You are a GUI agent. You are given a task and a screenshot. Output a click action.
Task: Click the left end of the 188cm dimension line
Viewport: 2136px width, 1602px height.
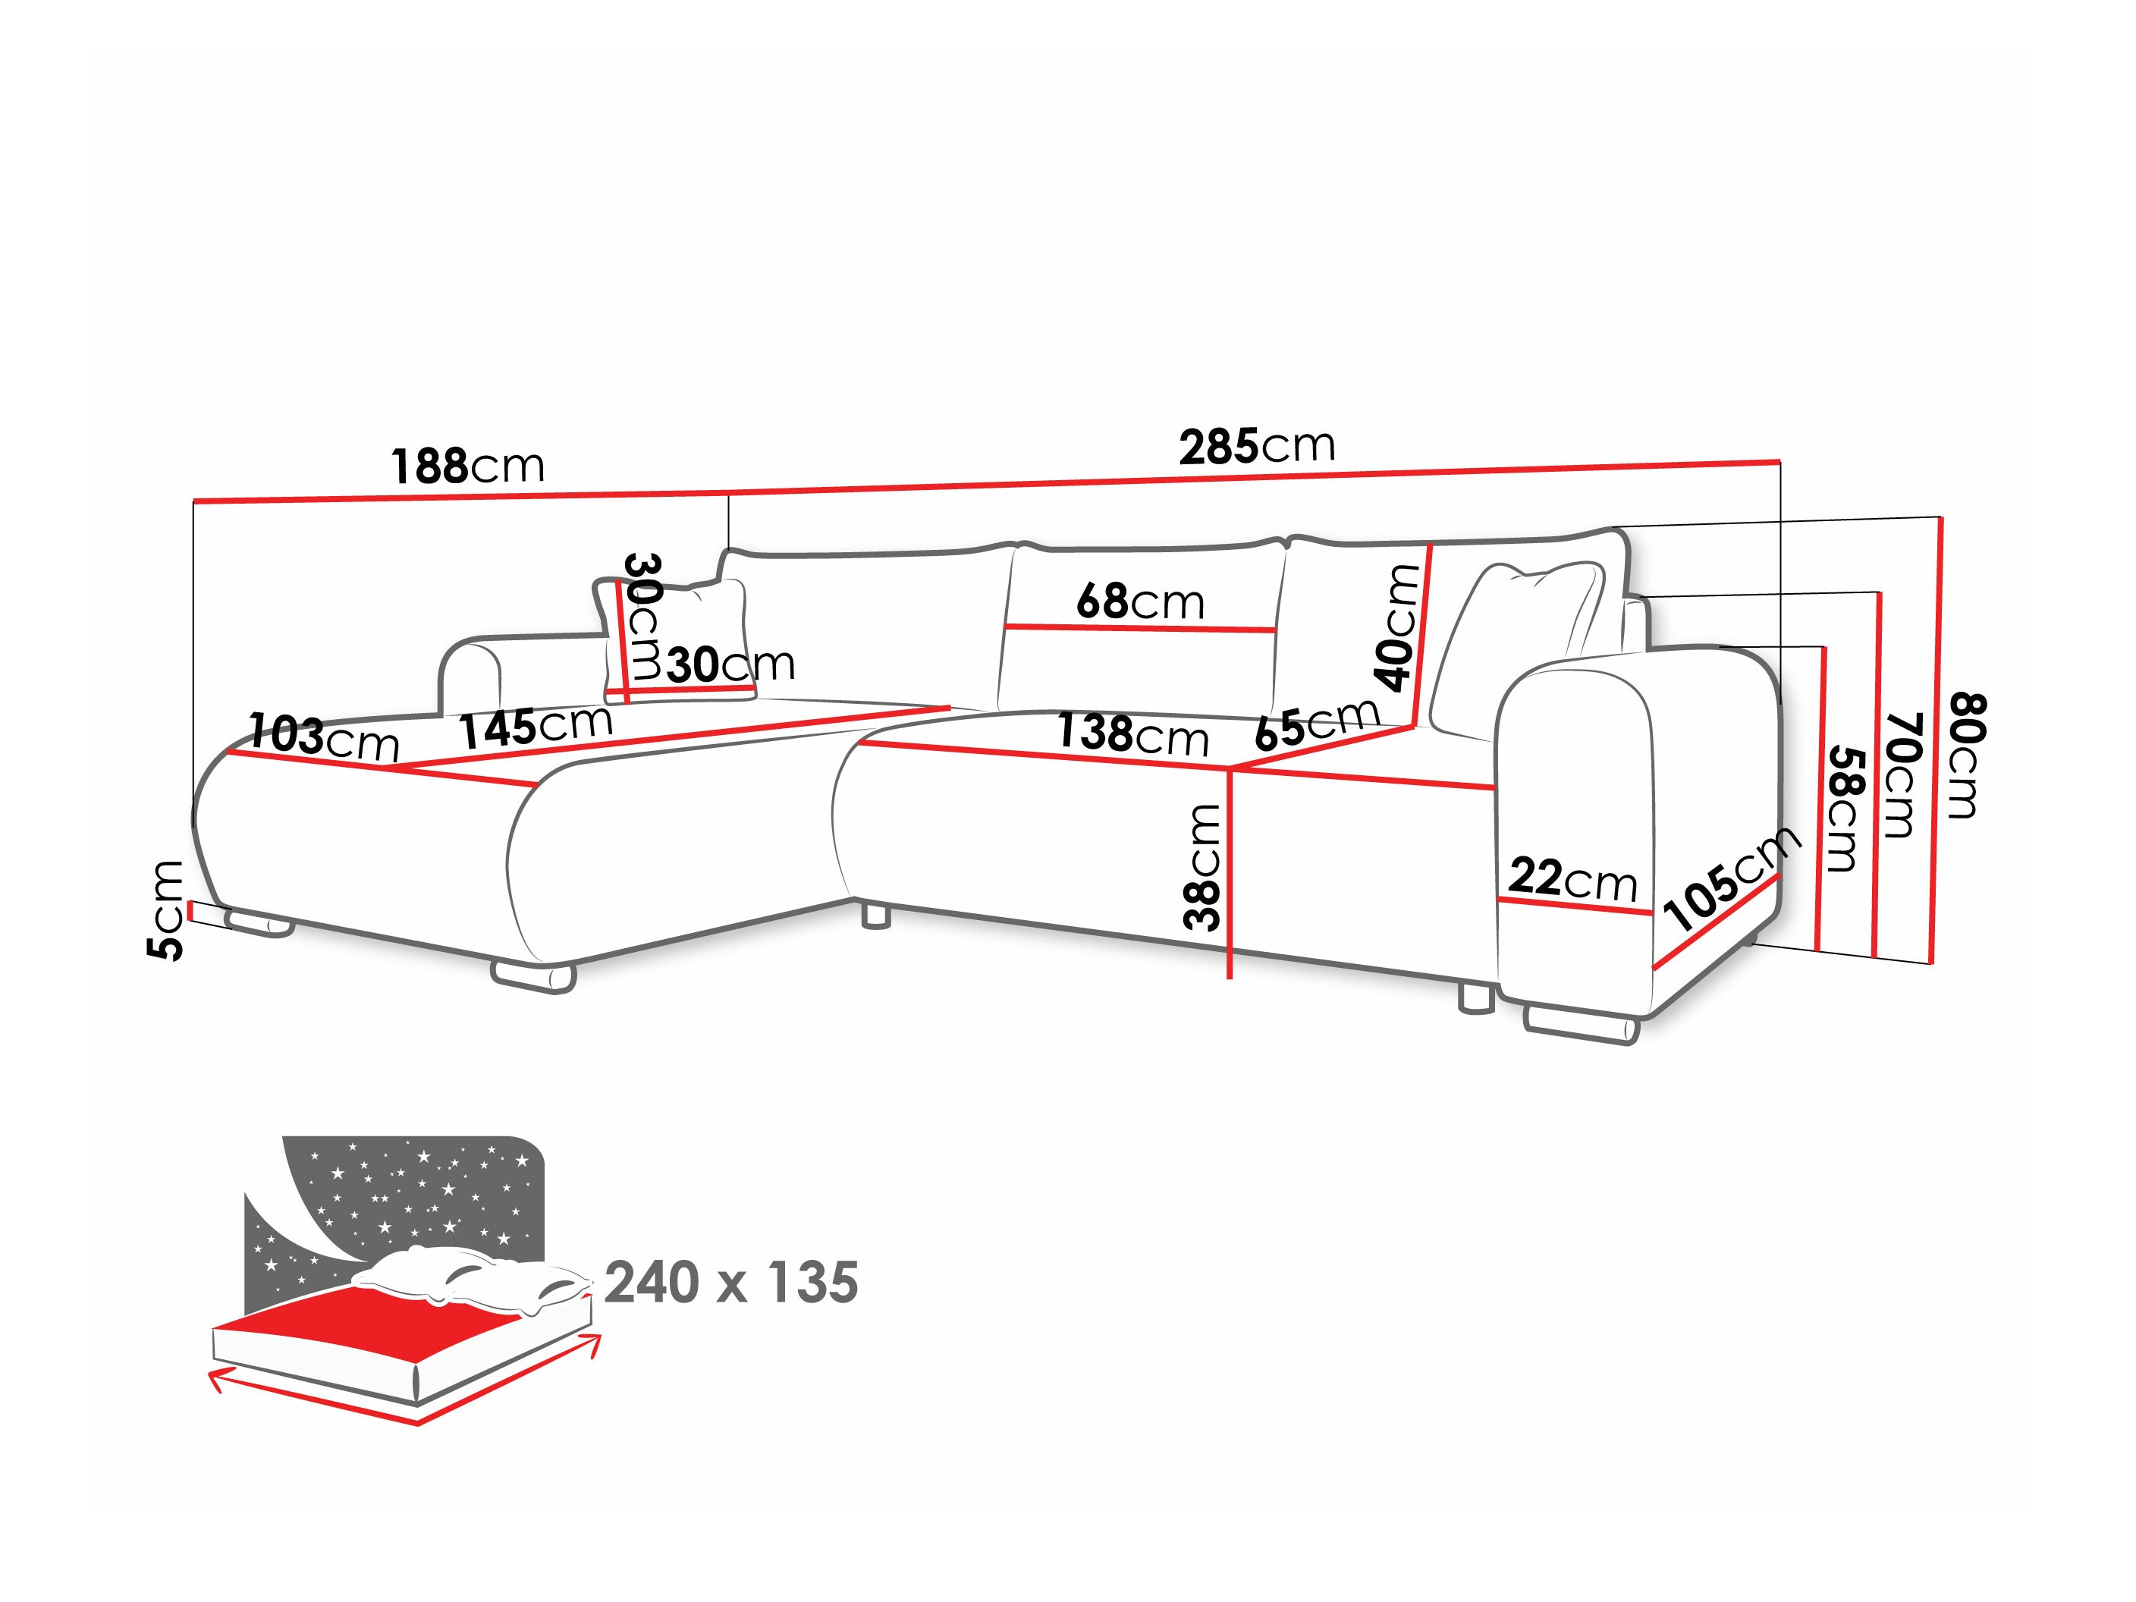pyautogui.click(x=194, y=501)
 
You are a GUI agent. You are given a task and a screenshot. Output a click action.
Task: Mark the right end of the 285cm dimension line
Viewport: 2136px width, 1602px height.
pyautogui.click(x=1779, y=460)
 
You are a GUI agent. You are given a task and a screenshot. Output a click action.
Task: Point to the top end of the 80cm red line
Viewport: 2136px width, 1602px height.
pyautogui.click(x=1941, y=517)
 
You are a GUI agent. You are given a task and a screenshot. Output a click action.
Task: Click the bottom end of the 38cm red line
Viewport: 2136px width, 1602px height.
pyautogui.click(x=1230, y=978)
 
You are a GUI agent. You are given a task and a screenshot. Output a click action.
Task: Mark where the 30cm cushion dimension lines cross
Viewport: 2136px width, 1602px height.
pyautogui.click(x=627, y=690)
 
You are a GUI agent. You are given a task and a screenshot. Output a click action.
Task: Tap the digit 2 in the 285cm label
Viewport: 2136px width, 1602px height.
pyautogui.click(x=1192, y=449)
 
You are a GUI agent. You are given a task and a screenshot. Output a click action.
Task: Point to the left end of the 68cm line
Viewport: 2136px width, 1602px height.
pyautogui.click(x=1005, y=626)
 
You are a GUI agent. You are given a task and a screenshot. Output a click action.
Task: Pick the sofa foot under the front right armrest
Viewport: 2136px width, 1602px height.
pyautogui.click(x=1581, y=1026)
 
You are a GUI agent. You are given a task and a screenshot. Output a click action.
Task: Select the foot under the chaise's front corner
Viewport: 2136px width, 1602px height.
pyautogui.click(x=533, y=976)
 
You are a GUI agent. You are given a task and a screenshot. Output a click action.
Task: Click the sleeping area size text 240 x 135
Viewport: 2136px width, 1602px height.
pyautogui.click(x=731, y=1283)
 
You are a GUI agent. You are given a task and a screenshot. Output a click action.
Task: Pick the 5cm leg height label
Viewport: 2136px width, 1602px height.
pyautogui.click(x=165, y=909)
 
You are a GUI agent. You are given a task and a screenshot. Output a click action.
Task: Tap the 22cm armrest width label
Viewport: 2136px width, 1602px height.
pyautogui.click(x=1572, y=878)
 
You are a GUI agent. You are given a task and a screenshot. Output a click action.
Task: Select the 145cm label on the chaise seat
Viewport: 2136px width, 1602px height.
pyautogui.click(x=536, y=726)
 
